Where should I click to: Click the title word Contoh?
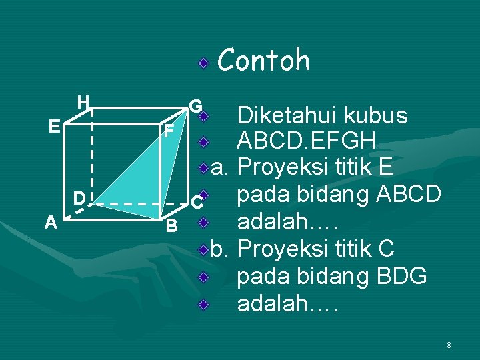(x=263, y=60)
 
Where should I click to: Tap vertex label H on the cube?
(x=83, y=102)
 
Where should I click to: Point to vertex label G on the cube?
(x=195, y=106)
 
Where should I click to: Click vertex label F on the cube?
(x=170, y=131)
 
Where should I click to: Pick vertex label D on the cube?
(x=79, y=198)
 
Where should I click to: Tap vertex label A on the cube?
(x=51, y=223)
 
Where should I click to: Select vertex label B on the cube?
(x=171, y=226)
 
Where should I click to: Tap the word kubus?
(x=377, y=116)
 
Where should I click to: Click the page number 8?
(x=449, y=345)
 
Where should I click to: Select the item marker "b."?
(x=221, y=249)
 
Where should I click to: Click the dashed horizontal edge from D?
(x=133, y=203)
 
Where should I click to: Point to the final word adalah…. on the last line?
(x=288, y=304)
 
